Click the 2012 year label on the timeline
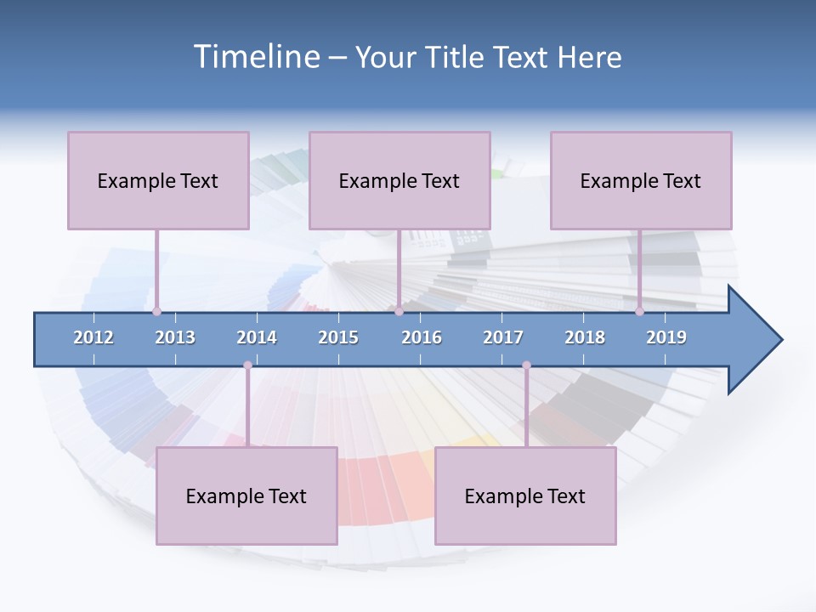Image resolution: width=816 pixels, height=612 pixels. coord(93,337)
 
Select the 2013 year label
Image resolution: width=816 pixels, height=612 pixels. coord(175,337)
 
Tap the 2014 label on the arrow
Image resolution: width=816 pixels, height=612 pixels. coord(257,337)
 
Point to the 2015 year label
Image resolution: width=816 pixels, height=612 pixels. coord(338,337)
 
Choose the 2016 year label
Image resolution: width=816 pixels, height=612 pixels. coord(422,337)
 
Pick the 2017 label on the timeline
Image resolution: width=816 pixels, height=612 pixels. coord(503,337)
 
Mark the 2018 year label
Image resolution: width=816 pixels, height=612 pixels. coord(585,337)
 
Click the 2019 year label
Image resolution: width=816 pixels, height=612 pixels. coord(666,337)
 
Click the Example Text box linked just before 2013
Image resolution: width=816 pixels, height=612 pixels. coord(158,180)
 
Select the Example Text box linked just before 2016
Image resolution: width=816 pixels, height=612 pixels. coord(399,180)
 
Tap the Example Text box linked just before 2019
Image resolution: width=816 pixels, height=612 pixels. coord(641,180)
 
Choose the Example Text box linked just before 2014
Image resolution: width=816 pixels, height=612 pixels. coord(246,496)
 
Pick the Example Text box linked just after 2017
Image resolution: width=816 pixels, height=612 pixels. coord(525,496)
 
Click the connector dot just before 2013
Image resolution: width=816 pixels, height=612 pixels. coord(157,311)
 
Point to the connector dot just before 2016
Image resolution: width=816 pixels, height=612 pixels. coord(399,311)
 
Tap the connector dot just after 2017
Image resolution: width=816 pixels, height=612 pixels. coord(526,365)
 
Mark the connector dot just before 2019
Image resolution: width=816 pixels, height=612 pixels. coord(640,311)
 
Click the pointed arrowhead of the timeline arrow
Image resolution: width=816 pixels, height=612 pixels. coord(761,340)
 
